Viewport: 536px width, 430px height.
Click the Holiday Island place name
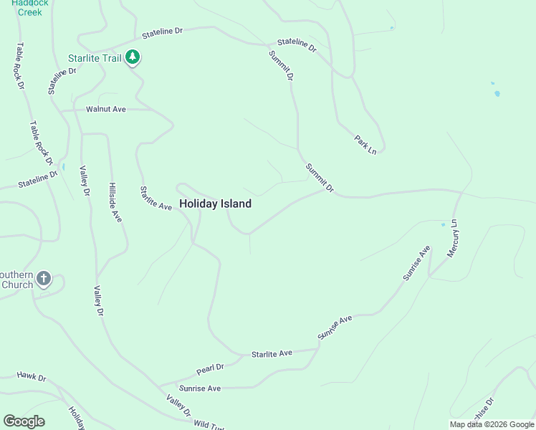click(215, 204)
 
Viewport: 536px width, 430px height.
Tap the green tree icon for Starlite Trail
click(133, 58)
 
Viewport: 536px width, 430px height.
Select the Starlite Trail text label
click(95, 58)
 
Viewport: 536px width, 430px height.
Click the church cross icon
click(44, 279)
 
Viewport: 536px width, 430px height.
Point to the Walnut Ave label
click(105, 109)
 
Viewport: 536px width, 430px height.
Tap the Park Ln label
click(365, 143)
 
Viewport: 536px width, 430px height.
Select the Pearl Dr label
click(210, 369)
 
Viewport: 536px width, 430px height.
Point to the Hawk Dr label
click(32, 376)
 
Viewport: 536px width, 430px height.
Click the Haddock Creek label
click(30, 7)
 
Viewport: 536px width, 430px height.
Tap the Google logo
click(24, 421)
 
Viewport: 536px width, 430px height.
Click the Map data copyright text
click(492, 424)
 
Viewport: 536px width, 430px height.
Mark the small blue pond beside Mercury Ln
click(444, 224)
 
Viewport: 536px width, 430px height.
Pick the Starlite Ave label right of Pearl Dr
click(272, 354)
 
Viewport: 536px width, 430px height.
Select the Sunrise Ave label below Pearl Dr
click(200, 388)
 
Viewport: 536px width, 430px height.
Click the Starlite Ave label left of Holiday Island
click(155, 198)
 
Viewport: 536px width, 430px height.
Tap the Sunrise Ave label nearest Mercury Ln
click(416, 263)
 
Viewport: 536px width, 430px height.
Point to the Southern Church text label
click(17, 279)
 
